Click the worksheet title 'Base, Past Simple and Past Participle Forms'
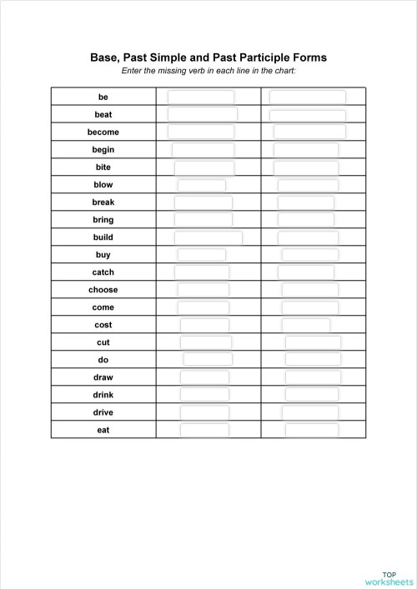click(x=208, y=57)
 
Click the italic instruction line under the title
click(x=208, y=71)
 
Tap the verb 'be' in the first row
click(x=103, y=97)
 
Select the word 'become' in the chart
click(x=103, y=132)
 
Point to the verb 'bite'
click(x=103, y=167)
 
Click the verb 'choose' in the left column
click(x=103, y=290)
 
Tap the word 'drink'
click(x=103, y=395)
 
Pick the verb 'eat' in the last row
click(x=103, y=430)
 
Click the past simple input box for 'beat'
click(x=203, y=114)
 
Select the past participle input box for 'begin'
click(x=306, y=150)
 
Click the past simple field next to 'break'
click(x=203, y=202)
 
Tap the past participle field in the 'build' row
click(x=308, y=237)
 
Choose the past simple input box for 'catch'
click(x=201, y=272)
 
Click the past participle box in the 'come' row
click(x=309, y=307)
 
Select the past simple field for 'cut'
click(x=204, y=342)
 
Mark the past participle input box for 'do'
click(x=313, y=360)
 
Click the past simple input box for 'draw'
click(x=204, y=377)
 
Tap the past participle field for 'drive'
click(x=309, y=412)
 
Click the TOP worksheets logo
click(x=388, y=577)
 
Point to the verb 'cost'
click(x=103, y=325)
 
